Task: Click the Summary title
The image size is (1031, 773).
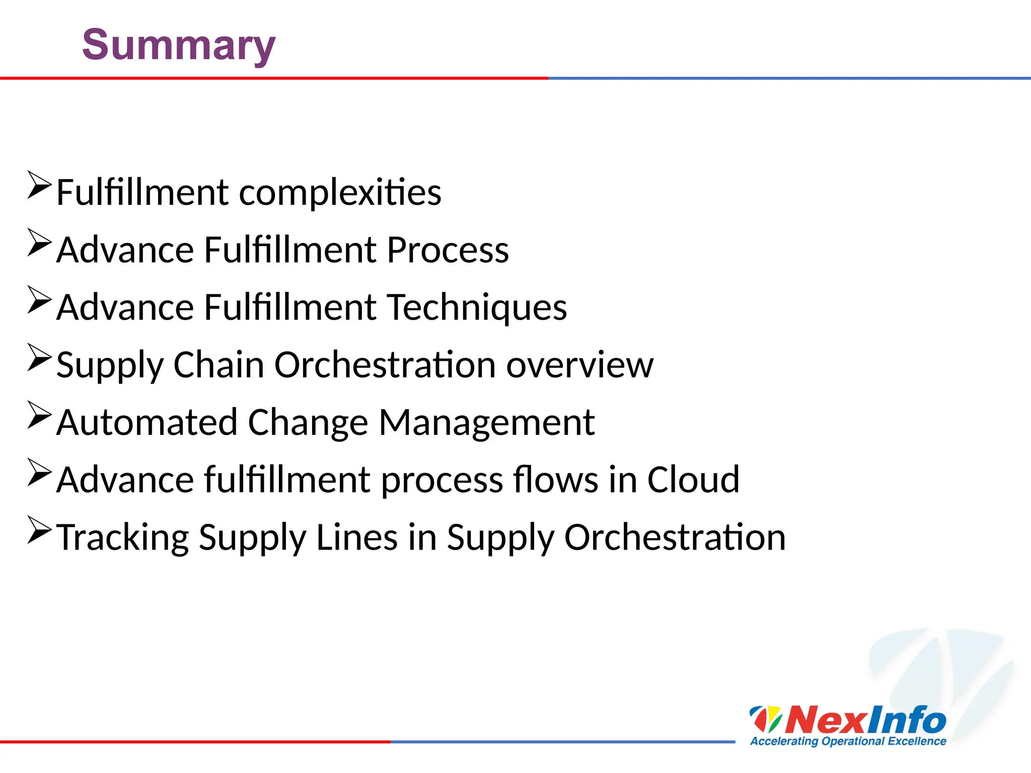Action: point(179,45)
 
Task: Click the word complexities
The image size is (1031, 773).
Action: point(340,193)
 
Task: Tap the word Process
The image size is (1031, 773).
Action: point(448,250)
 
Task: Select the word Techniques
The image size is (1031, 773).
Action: point(477,307)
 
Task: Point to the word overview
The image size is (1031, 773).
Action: point(579,365)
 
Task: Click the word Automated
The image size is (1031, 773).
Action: point(146,422)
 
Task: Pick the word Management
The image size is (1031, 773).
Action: point(486,422)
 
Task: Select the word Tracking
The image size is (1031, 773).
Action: point(122,538)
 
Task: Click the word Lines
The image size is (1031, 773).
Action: point(357,537)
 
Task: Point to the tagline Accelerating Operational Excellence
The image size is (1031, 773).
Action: point(848,741)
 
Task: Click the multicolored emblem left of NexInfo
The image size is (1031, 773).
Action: point(766,719)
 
